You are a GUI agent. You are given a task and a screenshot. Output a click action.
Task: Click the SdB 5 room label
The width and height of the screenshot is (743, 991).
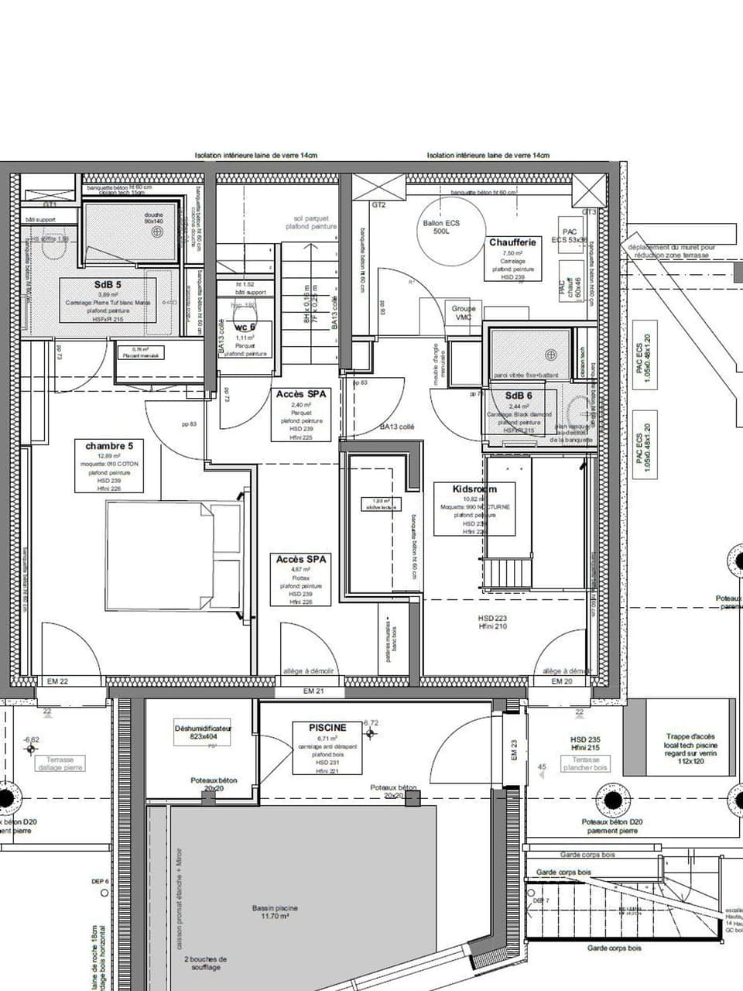[108, 285]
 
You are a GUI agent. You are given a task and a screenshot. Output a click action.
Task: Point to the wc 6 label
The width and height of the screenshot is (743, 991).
[245, 327]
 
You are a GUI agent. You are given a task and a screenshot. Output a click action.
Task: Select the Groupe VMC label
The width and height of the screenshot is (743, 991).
[464, 313]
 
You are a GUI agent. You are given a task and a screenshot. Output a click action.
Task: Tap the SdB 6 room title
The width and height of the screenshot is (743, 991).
[519, 396]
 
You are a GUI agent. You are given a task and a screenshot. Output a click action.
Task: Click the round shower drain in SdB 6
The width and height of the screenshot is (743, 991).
[550, 355]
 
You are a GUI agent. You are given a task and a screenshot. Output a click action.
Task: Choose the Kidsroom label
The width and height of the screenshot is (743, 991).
[474, 489]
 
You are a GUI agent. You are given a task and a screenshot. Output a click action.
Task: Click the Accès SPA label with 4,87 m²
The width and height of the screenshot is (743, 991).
[301, 559]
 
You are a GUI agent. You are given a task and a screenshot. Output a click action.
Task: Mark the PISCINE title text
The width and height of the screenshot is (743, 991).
[327, 728]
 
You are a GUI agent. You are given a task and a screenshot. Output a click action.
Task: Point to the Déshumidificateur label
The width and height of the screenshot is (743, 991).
[204, 729]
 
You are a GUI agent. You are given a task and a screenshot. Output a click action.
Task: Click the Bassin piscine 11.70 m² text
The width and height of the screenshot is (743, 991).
[275, 912]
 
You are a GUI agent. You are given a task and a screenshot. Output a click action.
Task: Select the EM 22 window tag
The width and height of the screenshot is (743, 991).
[58, 681]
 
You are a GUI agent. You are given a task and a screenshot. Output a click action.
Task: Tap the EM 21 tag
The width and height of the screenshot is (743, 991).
[313, 691]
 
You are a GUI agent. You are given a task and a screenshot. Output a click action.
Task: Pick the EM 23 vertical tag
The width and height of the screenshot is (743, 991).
[514, 749]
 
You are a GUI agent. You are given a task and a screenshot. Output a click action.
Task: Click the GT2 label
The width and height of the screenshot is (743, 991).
[378, 205]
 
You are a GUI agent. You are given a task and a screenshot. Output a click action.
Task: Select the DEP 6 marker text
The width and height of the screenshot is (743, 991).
[101, 882]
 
